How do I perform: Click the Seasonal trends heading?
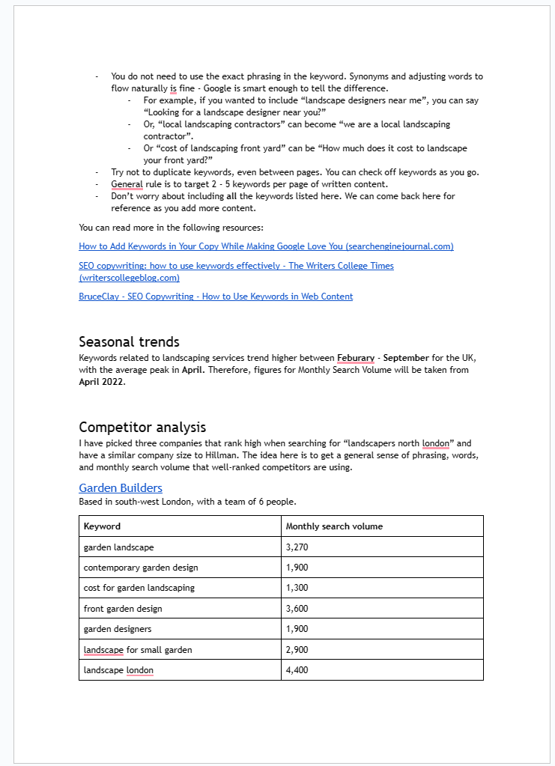click(x=129, y=343)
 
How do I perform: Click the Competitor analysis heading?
click(x=142, y=428)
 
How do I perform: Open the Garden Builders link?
click(x=120, y=488)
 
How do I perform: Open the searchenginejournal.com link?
click(x=266, y=246)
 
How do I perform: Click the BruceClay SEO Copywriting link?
click(x=216, y=297)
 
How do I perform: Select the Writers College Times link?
click(x=236, y=266)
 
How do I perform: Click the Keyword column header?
click(x=102, y=526)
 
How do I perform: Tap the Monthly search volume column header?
click(x=334, y=526)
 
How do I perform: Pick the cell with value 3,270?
click(x=297, y=547)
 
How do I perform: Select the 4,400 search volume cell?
click(x=297, y=670)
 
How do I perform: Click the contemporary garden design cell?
click(x=141, y=568)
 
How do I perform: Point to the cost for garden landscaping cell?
click(x=139, y=588)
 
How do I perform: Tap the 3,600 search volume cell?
click(x=297, y=609)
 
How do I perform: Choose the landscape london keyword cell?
click(x=118, y=670)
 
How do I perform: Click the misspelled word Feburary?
click(x=356, y=358)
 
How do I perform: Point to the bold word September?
click(x=406, y=358)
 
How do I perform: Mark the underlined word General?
click(x=127, y=184)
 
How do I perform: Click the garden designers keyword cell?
click(x=117, y=629)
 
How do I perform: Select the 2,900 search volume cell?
click(x=297, y=650)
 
